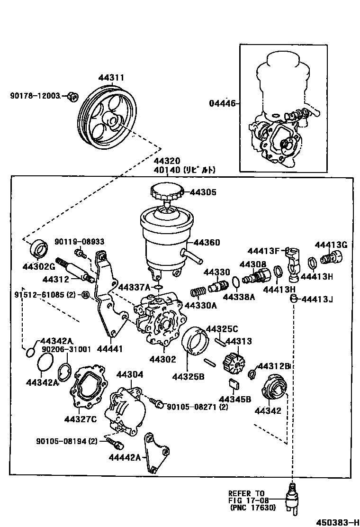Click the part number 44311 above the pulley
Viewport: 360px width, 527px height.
111,77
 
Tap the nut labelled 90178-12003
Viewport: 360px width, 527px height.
72,97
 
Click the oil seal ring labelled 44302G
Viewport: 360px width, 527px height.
38,249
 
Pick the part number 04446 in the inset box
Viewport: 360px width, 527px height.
222,103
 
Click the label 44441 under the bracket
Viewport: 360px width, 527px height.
109,349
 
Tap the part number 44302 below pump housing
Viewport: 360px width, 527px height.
162,360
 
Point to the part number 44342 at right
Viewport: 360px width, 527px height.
268,410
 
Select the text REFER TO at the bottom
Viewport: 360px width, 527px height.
246,493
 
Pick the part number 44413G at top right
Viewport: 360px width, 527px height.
331,245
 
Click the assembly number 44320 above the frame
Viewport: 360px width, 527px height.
166,161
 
